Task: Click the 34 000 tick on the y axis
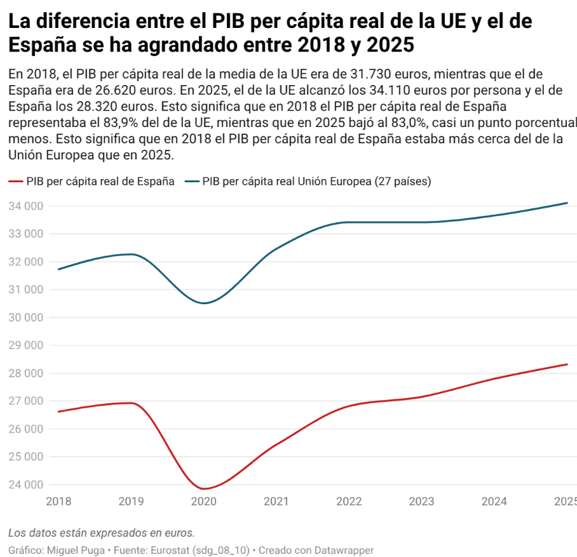(x=26, y=206)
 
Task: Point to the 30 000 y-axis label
(x=26, y=318)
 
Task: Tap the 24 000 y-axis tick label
(x=26, y=485)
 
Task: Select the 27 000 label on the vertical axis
(x=26, y=401)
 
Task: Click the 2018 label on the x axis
(x=59, y=502)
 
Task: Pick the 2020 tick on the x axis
(x=204, y=502)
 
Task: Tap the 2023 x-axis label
(x=421, y=502)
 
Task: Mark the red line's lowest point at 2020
(x=204, y=488)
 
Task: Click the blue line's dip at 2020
(x=204, y=303)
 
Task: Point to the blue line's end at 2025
(x=567, y=203)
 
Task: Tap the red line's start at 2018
(x=59, y=412)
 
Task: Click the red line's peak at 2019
(x=132, y=403)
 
